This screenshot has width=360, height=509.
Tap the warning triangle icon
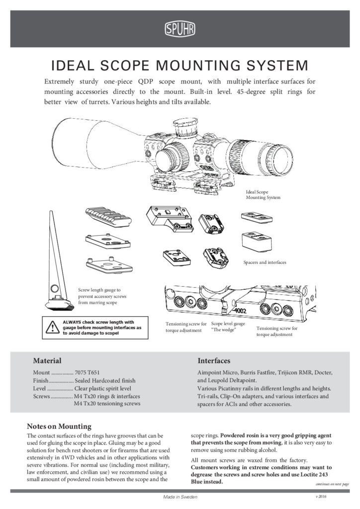pyautogui.click(x=51, y=327)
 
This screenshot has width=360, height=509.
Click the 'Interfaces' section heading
pyautogui.click(x=213, y=360)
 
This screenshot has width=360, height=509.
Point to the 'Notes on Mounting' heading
pyautogui.click(x=59, y=426)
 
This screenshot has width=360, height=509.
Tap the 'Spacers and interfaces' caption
pyautogui.click(x=265, y=261)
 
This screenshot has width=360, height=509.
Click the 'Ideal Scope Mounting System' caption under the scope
pyautogui.click(x=264, y=194)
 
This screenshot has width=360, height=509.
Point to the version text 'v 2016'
pyautogui.click(x=322, y=497)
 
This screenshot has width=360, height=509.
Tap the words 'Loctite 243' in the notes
pyautogui.click(x=310, y=475)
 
